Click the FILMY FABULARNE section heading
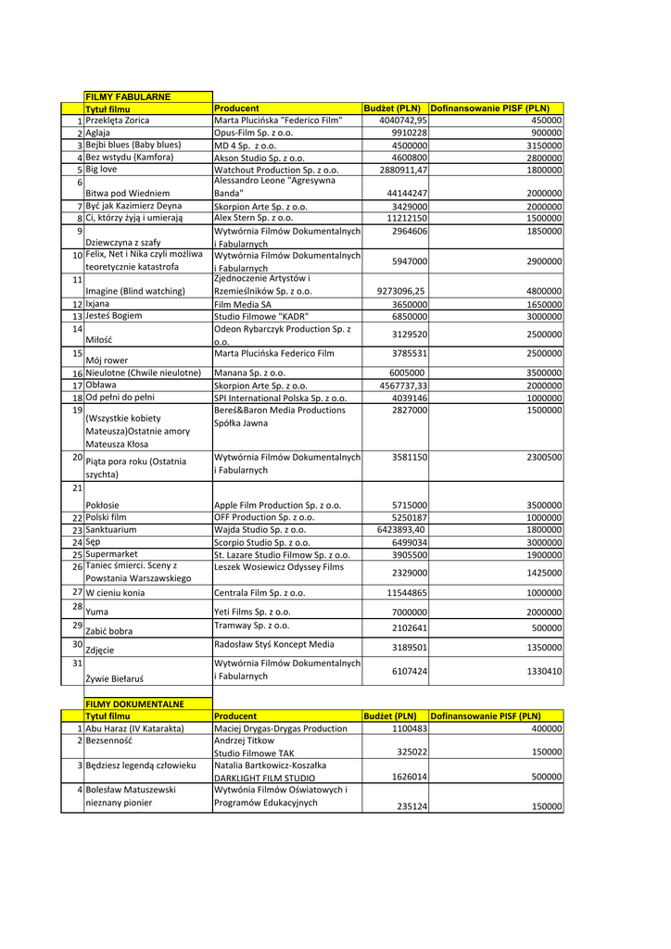(121, 96)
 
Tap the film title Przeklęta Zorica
(118, 120)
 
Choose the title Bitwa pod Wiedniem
(128, 193)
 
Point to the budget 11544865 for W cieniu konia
(399, 592)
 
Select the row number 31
(77, 664)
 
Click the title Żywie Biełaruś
(115, 679)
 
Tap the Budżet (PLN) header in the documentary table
(390, 716)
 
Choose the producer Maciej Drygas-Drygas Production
(281, 728)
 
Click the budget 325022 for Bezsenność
(411, 753)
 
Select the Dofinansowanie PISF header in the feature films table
(490, 108)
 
